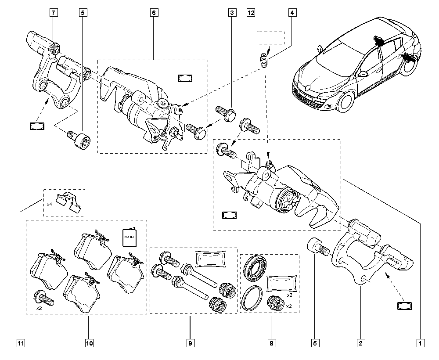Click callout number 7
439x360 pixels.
tap(52, 13)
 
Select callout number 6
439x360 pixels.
tap(154, 13)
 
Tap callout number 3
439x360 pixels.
tap(231, 13)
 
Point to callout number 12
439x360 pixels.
tap(251, 13)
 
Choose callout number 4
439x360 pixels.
tap(291, 13)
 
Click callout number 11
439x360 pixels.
tap(20, 343)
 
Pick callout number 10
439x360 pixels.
tap(89, 343)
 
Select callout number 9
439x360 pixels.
tap(190, 343)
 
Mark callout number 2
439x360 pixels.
tap(360, 343)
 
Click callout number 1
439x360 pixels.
tap(420, 343)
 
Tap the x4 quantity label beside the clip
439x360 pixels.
tap(50, 205)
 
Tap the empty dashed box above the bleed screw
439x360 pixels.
tap(270, 38)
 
